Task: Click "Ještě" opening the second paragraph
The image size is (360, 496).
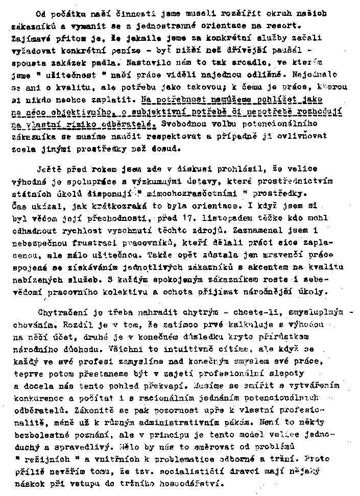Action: [x=51, y=169]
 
